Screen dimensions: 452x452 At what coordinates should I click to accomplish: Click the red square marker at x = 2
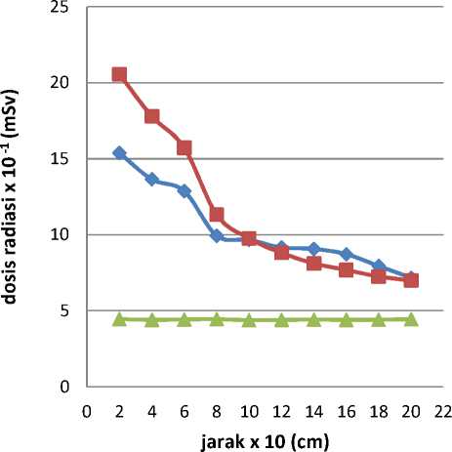pyautogui.click(x=119, y=74)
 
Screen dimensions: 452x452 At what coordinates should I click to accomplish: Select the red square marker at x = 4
pyautogui.click(x=152, y=116)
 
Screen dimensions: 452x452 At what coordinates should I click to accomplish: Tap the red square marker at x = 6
pyautogui.click(x=185, y=147)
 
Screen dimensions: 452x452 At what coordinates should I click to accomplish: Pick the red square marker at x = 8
pyautogui.click(x=217, y=215)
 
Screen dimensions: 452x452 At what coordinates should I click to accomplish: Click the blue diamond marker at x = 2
pyautogui.click(x=119, y=152)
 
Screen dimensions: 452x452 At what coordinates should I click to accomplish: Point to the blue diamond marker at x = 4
pyautogui.click(x=152, y=180)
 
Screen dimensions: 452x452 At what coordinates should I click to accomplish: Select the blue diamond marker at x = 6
pyautogui.click(x=185, y=191)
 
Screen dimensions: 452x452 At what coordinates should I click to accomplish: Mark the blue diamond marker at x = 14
pyautogui.click(x=314, y=249)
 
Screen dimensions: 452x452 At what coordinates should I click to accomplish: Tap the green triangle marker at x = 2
pyautogui.click(x=119, y=319)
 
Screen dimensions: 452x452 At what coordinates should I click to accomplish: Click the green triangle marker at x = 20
pyautogui.click(x=411, y=319)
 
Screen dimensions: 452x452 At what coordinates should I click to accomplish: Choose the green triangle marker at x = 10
pyautogui.click(x=249, y=320)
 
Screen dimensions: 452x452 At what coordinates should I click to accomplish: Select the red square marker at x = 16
pyautogui.click(x=347, y=269)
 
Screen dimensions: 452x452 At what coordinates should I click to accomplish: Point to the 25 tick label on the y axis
pyautogui.click(x=60, y=7)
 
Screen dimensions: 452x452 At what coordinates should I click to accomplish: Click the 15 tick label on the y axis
pyautogui.click(x=60, y=159)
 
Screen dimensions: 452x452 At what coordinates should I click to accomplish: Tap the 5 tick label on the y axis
pyautogui.click(x=64, y=310)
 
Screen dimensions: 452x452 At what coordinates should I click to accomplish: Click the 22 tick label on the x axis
pyautogui.click(x=443, y=412)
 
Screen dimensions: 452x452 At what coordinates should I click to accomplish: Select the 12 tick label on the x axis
pyautogui.click(x=281, y=412)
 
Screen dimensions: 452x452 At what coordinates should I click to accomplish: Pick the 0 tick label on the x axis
pyautogui.click(x=87, y=412)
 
